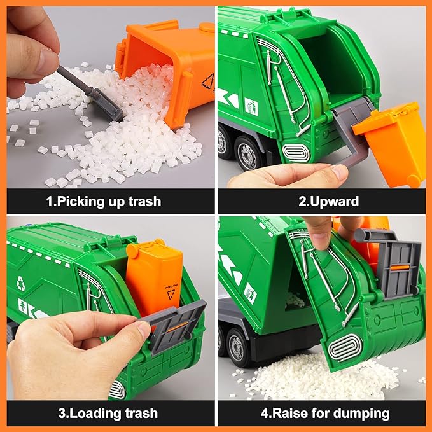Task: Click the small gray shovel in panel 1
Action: click(95, 95)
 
